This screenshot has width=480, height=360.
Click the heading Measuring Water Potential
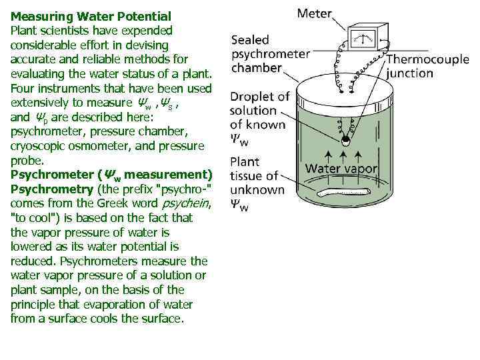(x=91, y=17)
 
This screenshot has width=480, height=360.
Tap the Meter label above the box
(x=315, y=13)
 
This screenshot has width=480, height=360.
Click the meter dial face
(x=363, y=39)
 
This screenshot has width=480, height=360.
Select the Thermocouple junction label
(x=427, y=67)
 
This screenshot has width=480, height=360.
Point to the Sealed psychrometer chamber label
(x=271, y=54)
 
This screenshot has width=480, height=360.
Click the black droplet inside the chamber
(x=345, y=139)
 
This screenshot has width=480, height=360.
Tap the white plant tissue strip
(x=343, y=192)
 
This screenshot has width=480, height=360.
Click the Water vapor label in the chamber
(x=341, y=169)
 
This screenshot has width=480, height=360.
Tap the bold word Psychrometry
(x=52, y=189)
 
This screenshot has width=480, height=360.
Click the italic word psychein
(x=185, y=203)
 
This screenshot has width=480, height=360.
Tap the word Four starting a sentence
(x=23, y=89)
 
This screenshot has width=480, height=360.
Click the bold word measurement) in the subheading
(x=169, y=175)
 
